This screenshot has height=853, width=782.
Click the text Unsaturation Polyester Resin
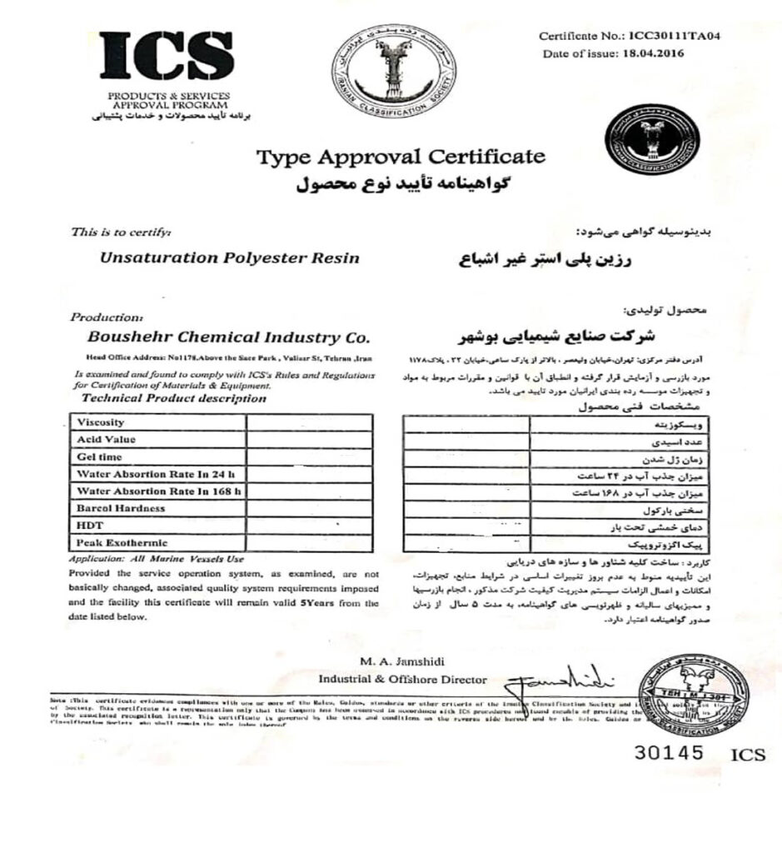click(230, 257)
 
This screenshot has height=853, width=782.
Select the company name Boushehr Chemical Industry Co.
click(224, 338)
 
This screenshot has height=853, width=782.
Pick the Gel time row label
click(99, 456)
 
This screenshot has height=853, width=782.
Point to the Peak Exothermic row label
click(117, 543)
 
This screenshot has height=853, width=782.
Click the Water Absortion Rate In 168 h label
click(159, 491)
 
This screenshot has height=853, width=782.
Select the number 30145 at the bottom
click(669, 752)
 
